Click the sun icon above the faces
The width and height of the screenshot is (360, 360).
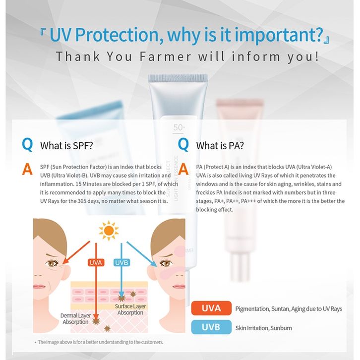point(109,231)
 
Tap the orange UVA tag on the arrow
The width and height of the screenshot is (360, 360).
point(96,262)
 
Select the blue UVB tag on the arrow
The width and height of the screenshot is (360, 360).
point(121,262)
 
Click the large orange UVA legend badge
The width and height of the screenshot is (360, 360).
point(211,308)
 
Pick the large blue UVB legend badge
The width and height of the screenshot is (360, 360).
point(211,327)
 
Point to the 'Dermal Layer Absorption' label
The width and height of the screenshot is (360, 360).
point(75,319)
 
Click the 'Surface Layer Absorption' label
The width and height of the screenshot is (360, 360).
point(130,309)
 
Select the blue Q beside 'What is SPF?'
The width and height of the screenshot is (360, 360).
point(27,145)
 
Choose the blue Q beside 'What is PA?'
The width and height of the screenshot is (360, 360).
point(183,145)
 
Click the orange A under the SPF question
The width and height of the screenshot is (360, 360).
point(27,169)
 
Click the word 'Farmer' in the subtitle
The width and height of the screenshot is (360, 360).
point(165,57)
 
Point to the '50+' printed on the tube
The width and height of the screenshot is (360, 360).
point(179,127)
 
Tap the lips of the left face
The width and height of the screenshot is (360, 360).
point(39,287)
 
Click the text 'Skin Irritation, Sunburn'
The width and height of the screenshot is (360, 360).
point(264,328)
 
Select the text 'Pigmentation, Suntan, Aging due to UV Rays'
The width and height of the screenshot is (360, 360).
point(289,309)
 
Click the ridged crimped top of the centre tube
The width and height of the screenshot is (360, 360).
point(178,78)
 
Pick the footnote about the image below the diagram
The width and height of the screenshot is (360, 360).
point(99,342)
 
